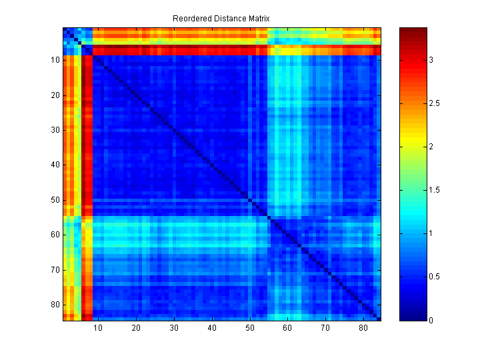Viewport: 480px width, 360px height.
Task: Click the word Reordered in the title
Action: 191,19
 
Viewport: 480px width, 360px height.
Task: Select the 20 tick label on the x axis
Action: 136,328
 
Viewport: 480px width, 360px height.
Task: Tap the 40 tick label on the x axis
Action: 212,328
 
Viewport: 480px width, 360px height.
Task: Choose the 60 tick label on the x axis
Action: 287,328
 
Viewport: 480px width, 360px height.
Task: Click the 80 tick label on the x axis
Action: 363,328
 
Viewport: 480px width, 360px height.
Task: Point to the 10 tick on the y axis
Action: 55,60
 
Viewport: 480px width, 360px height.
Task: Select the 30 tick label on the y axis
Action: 55,130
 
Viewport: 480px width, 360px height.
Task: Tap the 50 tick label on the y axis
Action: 55,200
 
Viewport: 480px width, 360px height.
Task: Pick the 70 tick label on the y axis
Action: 55,269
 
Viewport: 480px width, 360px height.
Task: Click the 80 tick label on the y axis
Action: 55,305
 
